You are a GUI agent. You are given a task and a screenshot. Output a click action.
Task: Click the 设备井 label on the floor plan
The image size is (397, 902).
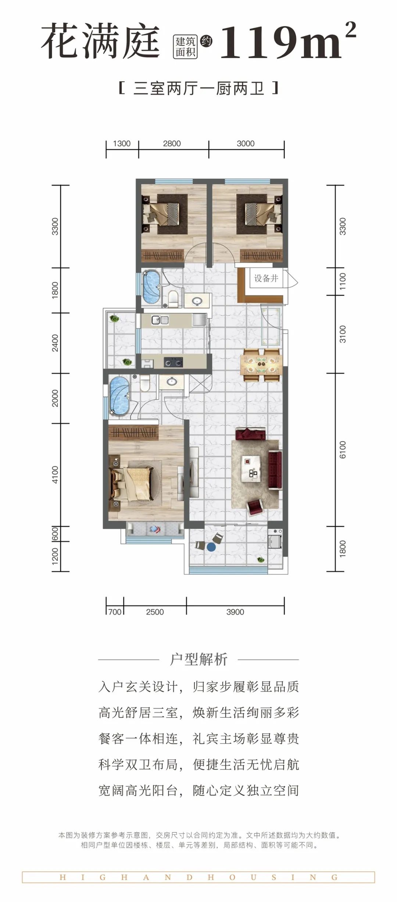point(266,278)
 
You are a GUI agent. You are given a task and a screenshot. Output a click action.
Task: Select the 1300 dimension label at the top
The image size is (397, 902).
point(122,143)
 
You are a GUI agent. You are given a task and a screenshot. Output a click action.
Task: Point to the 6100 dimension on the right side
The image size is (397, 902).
point(343,450)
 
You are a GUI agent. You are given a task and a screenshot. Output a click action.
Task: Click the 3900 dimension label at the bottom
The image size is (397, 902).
point(235,612)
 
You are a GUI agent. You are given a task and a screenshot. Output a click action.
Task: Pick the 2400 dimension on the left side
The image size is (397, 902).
point(55,343)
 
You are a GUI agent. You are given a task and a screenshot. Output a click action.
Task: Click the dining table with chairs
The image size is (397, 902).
point(261,365)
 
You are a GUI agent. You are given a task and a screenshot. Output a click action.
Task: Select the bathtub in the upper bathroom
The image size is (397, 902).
point(151,287)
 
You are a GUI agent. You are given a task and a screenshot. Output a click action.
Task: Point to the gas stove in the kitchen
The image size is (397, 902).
point(173,362)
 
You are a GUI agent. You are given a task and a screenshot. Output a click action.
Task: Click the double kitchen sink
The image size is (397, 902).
point(160,320)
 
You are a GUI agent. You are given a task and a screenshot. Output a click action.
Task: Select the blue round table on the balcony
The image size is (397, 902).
point(211,547)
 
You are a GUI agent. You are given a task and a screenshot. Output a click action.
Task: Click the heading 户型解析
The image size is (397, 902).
point(198,659)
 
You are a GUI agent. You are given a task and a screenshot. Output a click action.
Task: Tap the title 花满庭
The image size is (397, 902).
point(100,40)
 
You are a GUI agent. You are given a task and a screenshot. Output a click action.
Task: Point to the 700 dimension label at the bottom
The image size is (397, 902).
point(115,612)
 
